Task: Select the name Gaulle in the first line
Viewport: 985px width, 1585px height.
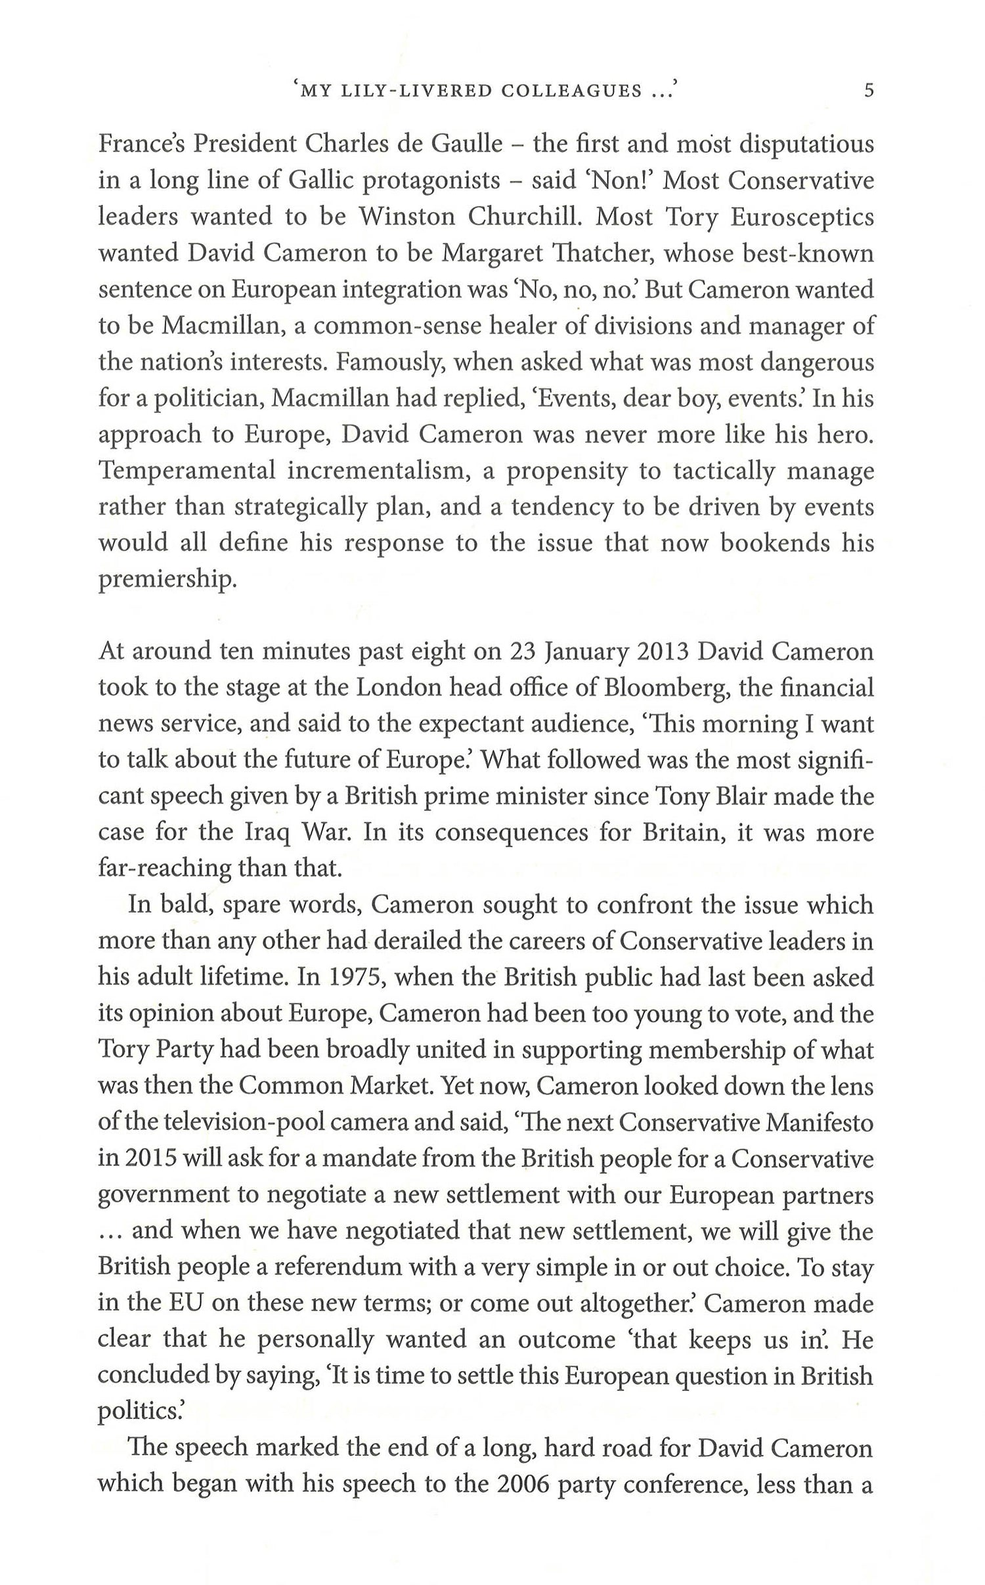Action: (468, 144)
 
